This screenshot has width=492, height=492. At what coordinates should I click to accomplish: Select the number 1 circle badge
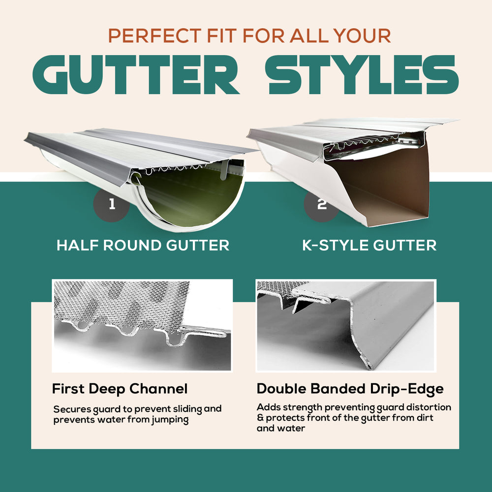click(112, 204)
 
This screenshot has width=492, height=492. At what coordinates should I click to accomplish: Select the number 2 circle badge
click(322, 204)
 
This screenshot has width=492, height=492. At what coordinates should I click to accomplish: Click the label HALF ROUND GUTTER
click(143, 245)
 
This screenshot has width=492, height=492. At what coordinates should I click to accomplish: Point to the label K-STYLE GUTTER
click(369, 245)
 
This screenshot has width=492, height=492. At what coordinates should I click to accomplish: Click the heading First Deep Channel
click(120, 389)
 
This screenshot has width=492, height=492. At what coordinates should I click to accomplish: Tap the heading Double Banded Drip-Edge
click(350, 389)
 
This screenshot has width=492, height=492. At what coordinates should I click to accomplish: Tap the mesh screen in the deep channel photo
click(118, 300)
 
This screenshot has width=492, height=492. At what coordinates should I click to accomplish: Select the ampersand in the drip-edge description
click(260, 418)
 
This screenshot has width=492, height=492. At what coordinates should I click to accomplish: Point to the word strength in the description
click(302, 407)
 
